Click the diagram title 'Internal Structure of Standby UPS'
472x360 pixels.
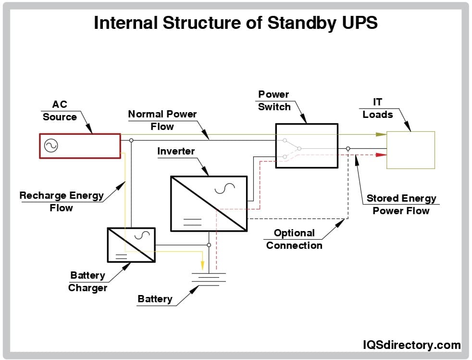click(x=236, y=23)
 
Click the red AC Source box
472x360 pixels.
click(x=80, y=146)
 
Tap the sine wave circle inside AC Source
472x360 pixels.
click(x=50, y=146)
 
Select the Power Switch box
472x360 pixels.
click(x=306, y=146)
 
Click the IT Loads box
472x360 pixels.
click(x=410, y=150)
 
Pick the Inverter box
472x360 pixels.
click(x=209, y=203)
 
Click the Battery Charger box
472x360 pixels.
click(x=131, y=245)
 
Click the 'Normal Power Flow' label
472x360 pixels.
click(x=162, y=120)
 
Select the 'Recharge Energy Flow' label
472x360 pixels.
click(x=61, y=202)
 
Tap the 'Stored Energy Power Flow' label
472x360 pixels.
click(x=401, y=204)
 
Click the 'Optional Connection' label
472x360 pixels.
click(x=294, y=239)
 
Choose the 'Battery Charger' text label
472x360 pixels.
click(x=87, y=282)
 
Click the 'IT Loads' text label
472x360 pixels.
click(x=377, y=108)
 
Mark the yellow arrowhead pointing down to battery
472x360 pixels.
click(x=202, y=266)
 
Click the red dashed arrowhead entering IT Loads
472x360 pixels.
click(x=381, y=155)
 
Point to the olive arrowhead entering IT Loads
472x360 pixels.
click(x=381, y=134)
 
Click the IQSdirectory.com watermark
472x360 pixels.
click(x=411, y=345)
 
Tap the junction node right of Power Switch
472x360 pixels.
click(x=348, y=148)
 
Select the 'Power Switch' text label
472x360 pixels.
click(x=274, y=101)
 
